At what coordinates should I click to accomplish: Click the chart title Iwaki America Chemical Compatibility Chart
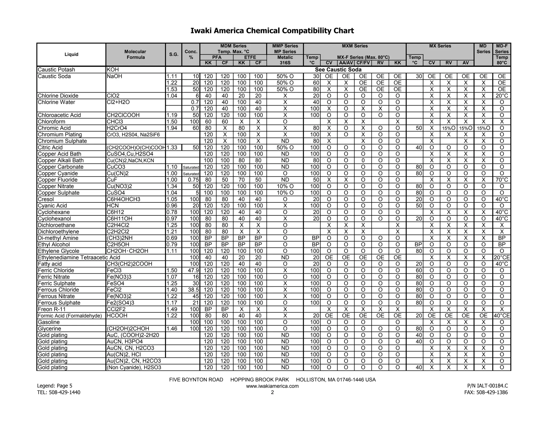[272, 31]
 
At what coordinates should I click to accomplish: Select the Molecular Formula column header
[135, 55]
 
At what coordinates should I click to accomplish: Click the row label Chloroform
[51, 122]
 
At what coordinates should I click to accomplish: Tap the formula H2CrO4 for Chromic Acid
[117, 128]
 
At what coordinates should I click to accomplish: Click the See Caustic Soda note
[338, 70]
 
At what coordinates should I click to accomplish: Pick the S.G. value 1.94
[172, 128]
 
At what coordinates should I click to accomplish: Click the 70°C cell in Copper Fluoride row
[502, 180]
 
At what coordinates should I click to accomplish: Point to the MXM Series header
[355, 46]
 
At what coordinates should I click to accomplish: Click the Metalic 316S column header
[285, 60]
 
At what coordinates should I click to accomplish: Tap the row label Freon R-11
[52, 309]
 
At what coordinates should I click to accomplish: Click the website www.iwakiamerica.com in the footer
[272, 386]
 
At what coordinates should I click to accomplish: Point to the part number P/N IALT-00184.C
[487, 386]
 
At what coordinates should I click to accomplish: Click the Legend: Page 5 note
[55, 386]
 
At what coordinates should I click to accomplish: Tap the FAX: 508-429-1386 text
[492, 392]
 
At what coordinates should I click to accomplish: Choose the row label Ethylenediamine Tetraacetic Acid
[79, 257]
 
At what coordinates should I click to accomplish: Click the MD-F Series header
[502, 49]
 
